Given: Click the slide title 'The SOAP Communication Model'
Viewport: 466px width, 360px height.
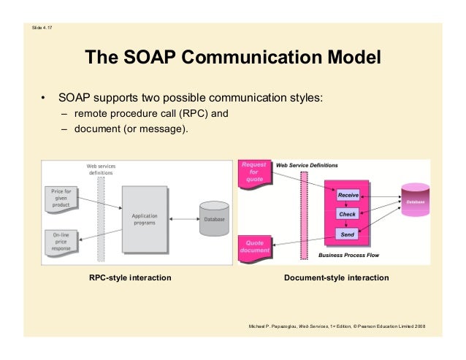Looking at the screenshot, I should tap(233, 58).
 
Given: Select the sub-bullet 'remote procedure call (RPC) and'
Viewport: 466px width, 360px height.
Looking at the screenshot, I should tap(151, 114).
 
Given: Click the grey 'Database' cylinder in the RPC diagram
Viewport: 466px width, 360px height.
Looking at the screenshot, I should tap(214, 218).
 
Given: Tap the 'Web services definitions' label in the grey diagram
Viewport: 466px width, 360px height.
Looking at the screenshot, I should tap(101, 169).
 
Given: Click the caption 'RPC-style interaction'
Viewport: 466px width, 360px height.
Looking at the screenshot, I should tap(130, 278).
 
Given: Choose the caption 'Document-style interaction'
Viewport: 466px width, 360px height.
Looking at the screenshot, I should tap(336, 278).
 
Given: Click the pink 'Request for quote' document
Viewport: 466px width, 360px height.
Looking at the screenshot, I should tap(253, 174).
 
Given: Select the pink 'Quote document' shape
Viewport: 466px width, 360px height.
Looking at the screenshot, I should tap(254, 246).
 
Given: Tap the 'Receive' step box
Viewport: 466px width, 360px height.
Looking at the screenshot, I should tap(347, 195).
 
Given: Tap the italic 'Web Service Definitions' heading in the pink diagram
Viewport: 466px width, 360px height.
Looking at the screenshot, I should tap(306, 166).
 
